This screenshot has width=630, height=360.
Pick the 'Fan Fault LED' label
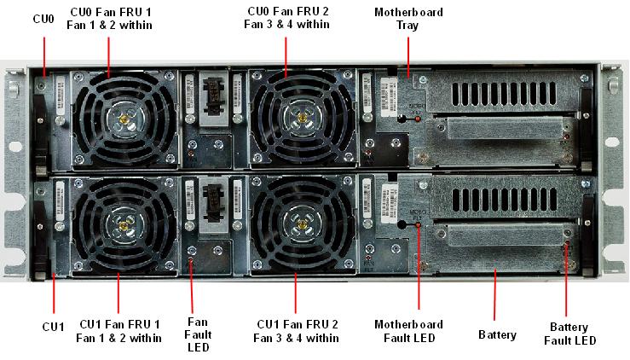click(198, 334)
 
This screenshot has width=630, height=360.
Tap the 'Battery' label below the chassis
click(497, 335)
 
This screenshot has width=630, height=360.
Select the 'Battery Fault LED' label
click(569, 334)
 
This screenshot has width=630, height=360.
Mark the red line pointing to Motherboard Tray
click(408, 56)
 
